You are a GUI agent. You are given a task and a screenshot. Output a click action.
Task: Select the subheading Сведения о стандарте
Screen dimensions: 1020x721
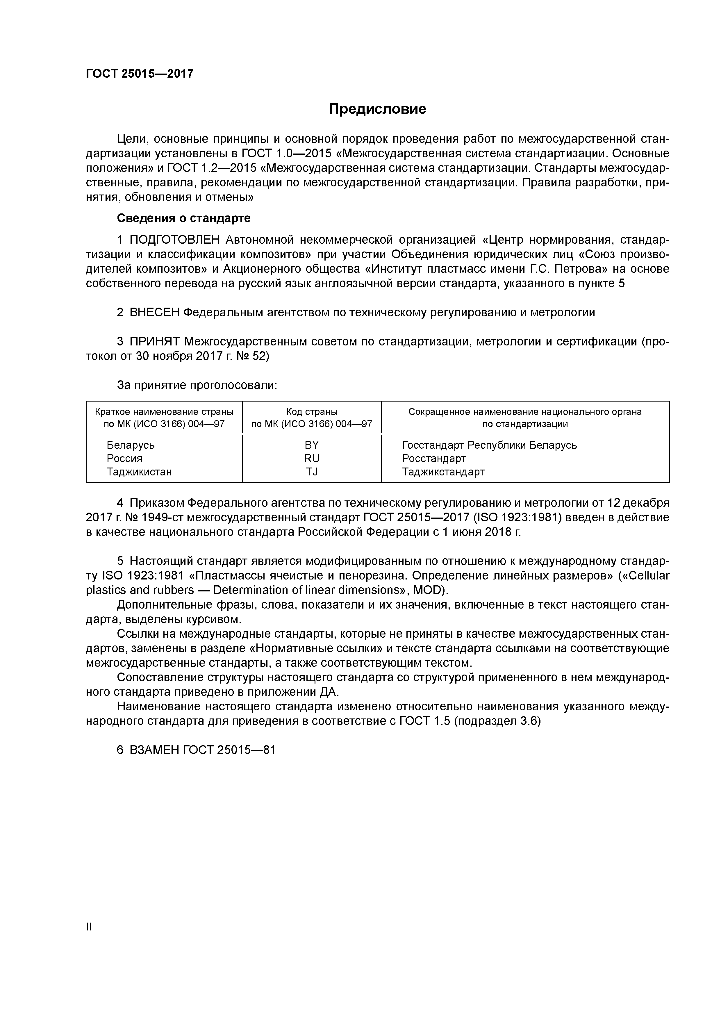click(183, 218)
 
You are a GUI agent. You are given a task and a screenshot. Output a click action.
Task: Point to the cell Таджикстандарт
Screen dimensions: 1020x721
click(443, 472)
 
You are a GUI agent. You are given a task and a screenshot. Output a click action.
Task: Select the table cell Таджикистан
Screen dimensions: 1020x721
click(139, 472)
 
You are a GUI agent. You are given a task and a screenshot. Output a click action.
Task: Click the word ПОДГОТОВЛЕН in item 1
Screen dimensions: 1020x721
click(175, 240)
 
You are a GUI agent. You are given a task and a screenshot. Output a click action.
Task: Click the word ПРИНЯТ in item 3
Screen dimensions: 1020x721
click(155, 342)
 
